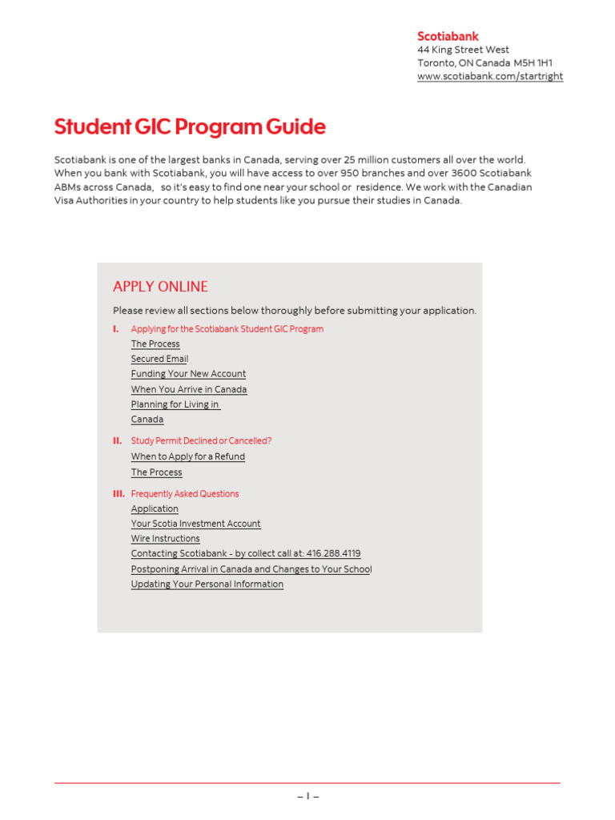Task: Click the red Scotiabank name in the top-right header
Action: click(448, 36)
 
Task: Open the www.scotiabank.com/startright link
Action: click(489, 76)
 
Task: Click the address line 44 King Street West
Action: click(463, 50)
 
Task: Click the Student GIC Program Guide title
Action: click(190, 127)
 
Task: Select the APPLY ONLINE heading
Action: click(160, 287)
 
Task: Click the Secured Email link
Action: click(159, 359)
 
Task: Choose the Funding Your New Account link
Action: click(188, 374)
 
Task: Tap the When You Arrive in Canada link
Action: click(189, 389)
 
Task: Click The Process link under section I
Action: click(155, 344)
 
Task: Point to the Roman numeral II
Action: click(117, 441)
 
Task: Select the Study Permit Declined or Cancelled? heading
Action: click(201, 441)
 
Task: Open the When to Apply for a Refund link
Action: click(187, 456)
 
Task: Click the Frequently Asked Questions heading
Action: click(184, 494)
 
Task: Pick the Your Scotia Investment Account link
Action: click(195, 524)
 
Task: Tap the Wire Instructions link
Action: click(165, 539)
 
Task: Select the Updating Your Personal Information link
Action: click(207, 585)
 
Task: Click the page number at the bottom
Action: click(307, 797)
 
